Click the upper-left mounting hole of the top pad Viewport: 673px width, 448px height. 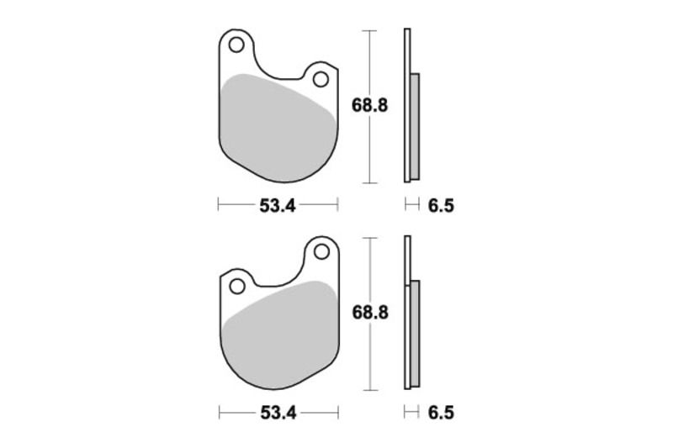click(x=235, y=43)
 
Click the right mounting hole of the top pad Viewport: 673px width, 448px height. click(x=320, y=79)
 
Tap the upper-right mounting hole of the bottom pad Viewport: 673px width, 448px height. click(x=320, y=250)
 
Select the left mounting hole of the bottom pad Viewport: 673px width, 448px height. click(x=236, y=286)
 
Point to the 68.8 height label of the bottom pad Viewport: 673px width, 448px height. click(x=369, y=313)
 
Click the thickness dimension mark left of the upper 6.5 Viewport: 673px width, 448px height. click(x=412, y=204)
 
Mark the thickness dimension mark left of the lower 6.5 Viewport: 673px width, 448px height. click(x=412, y=412)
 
